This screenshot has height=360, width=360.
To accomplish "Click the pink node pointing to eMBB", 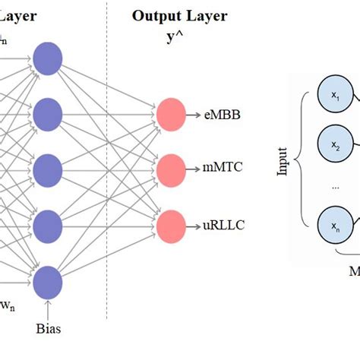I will (169, 115).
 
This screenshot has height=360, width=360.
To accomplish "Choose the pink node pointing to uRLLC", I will (169, 225).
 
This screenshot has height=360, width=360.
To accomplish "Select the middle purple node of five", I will (47, 168).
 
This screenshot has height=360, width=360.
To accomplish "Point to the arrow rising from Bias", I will (48, 310).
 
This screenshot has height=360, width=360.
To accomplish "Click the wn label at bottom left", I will (6, 307).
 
